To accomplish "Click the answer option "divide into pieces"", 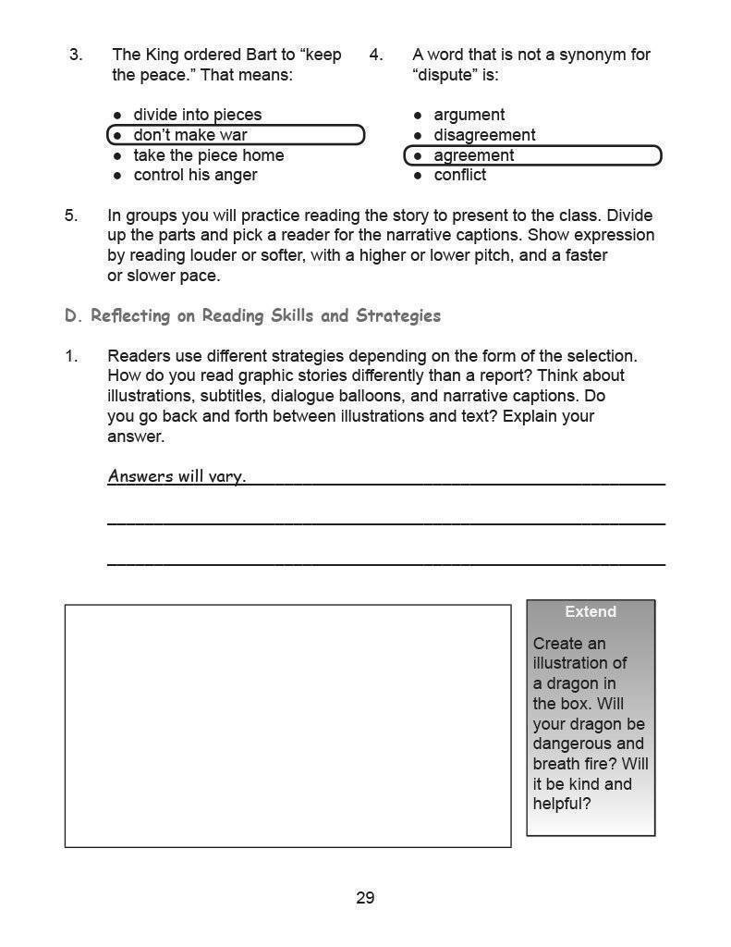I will click(x=197, y=115).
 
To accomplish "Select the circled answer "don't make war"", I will click(x=190, y=135).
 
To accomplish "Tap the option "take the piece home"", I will click(x=208, y=155).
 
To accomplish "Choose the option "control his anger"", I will click(x=195, y=175).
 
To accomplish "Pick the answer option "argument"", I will click(x=469, y=115).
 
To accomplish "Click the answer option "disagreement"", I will click(x=484, y=135).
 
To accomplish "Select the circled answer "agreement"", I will click(x=473, y=155).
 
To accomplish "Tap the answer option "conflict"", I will click(x=459, y=175).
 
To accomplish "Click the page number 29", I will click(x=365, y=898).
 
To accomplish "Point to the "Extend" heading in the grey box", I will click(x=591, y=611).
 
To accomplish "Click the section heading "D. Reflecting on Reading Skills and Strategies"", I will click(x=252, y=316).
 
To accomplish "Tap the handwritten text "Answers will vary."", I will click(x=177, y=476).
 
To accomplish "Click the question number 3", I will click(x=76, y=55).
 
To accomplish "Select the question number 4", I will click(x=376, y=55).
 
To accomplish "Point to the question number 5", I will click(x=71, y=215).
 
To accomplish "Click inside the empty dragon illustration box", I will click(x=287, y=726).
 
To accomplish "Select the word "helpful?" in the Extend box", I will click(x=562, y=804).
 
